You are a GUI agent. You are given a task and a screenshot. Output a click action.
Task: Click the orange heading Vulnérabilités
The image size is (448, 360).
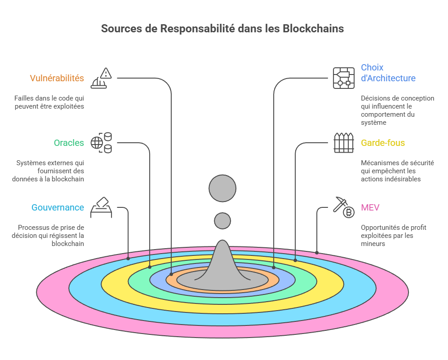coord(57,78)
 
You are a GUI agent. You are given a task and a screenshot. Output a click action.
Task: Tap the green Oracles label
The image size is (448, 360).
coord(69,143)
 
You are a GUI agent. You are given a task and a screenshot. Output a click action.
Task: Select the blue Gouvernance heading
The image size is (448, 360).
coord(58,207)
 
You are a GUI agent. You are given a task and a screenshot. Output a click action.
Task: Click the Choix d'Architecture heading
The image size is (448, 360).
coord(388,73)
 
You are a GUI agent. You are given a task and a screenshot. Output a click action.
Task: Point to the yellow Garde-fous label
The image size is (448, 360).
coord(383,143)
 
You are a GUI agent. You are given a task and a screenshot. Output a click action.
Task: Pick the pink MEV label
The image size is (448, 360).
coord(370,207)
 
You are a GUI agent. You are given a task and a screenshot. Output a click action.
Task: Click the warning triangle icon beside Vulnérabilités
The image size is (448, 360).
coord(101,79)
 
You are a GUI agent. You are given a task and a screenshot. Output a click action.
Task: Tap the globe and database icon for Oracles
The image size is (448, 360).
coord(101,143)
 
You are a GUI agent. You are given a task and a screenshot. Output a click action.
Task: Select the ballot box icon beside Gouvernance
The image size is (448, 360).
coord(101,207)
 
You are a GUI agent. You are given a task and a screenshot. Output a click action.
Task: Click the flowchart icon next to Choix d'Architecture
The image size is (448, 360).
coord(344,78)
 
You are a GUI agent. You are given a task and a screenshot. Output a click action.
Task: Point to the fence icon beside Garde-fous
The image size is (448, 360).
coord(344,143)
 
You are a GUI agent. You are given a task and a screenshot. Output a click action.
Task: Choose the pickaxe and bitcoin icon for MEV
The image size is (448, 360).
coord(344,207)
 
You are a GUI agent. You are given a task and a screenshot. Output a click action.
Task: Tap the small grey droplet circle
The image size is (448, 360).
coord(222,221)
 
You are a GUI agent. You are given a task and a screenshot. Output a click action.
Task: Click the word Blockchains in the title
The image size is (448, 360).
coord(313,28)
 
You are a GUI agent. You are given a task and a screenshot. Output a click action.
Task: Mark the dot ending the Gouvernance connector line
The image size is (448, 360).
coord(129,258)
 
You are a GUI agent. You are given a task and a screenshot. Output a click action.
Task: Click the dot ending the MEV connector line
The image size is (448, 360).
coord(317,253)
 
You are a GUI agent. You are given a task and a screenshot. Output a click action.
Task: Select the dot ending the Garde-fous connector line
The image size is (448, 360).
coord(295,260)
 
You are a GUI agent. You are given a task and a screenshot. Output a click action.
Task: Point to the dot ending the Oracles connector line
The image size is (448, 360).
coord(150,267)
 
